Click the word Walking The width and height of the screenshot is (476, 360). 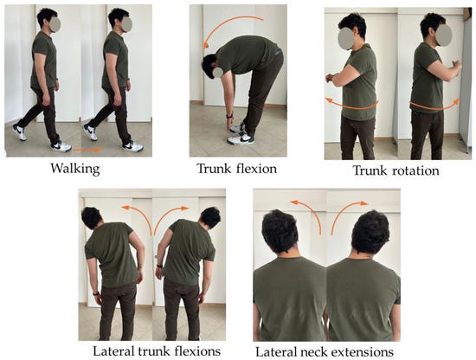[x=75, y=169]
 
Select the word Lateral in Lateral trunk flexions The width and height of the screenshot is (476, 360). [x=113, y=351]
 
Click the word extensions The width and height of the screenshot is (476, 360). [x=362, y=352]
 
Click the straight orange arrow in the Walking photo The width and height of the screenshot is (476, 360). [x=87, y=150]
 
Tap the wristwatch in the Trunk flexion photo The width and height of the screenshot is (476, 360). [x=230, y=116]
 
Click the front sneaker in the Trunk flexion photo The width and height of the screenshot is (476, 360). [x=241, y=138]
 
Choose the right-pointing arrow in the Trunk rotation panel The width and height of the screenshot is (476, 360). [x=434, y=106]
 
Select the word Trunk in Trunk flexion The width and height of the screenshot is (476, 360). [x=214, y=169]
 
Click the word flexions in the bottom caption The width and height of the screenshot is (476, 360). [x=197, y=351]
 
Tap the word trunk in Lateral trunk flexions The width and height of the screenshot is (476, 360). [x=154, y=351]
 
